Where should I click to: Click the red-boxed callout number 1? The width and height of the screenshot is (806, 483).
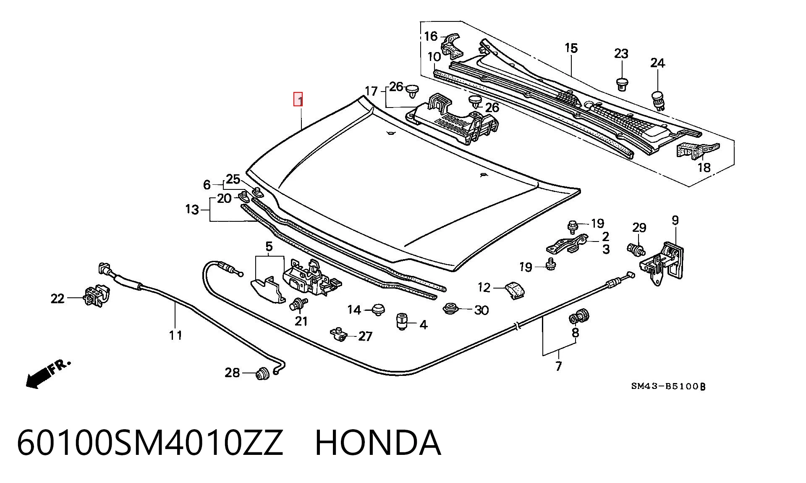(x=298, y=99)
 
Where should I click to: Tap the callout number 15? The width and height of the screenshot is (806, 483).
(x=571, y=48)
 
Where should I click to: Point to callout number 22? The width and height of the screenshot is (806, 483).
(x=58, y=299)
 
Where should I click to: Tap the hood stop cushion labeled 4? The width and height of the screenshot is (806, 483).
(x=402, y=321)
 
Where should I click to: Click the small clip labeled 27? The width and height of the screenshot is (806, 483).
(x=338, y=334)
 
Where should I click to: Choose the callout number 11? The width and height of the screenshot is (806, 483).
(x=176, y=335)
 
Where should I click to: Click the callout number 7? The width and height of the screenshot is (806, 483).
(x=558, y=366)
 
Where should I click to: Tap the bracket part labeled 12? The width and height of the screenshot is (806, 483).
(x=515, y=290)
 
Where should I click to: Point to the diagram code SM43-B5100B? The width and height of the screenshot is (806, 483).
(x=668, y=386)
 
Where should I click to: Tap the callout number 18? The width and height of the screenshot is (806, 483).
(x=704, y=167)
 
